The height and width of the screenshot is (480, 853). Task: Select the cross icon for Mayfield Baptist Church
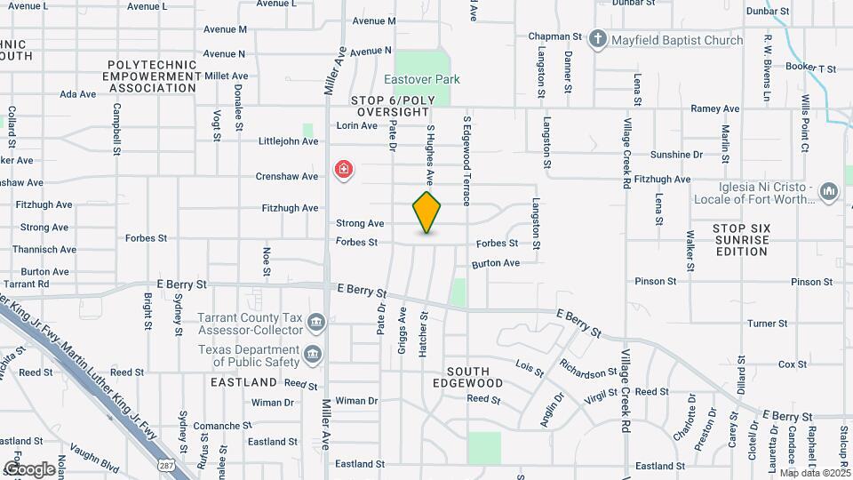598,39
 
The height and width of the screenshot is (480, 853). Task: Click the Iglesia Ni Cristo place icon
829,191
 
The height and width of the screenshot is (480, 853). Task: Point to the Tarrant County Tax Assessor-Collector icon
315,321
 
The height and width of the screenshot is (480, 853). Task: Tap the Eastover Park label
428,79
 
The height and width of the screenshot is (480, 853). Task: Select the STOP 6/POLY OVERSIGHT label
391,107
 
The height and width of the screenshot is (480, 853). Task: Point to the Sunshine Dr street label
676,154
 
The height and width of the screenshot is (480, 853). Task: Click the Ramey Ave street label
715,108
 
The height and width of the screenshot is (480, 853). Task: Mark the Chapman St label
554,37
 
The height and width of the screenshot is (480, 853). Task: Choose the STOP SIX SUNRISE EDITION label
740,240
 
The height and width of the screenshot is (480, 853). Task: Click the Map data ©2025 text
815,473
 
